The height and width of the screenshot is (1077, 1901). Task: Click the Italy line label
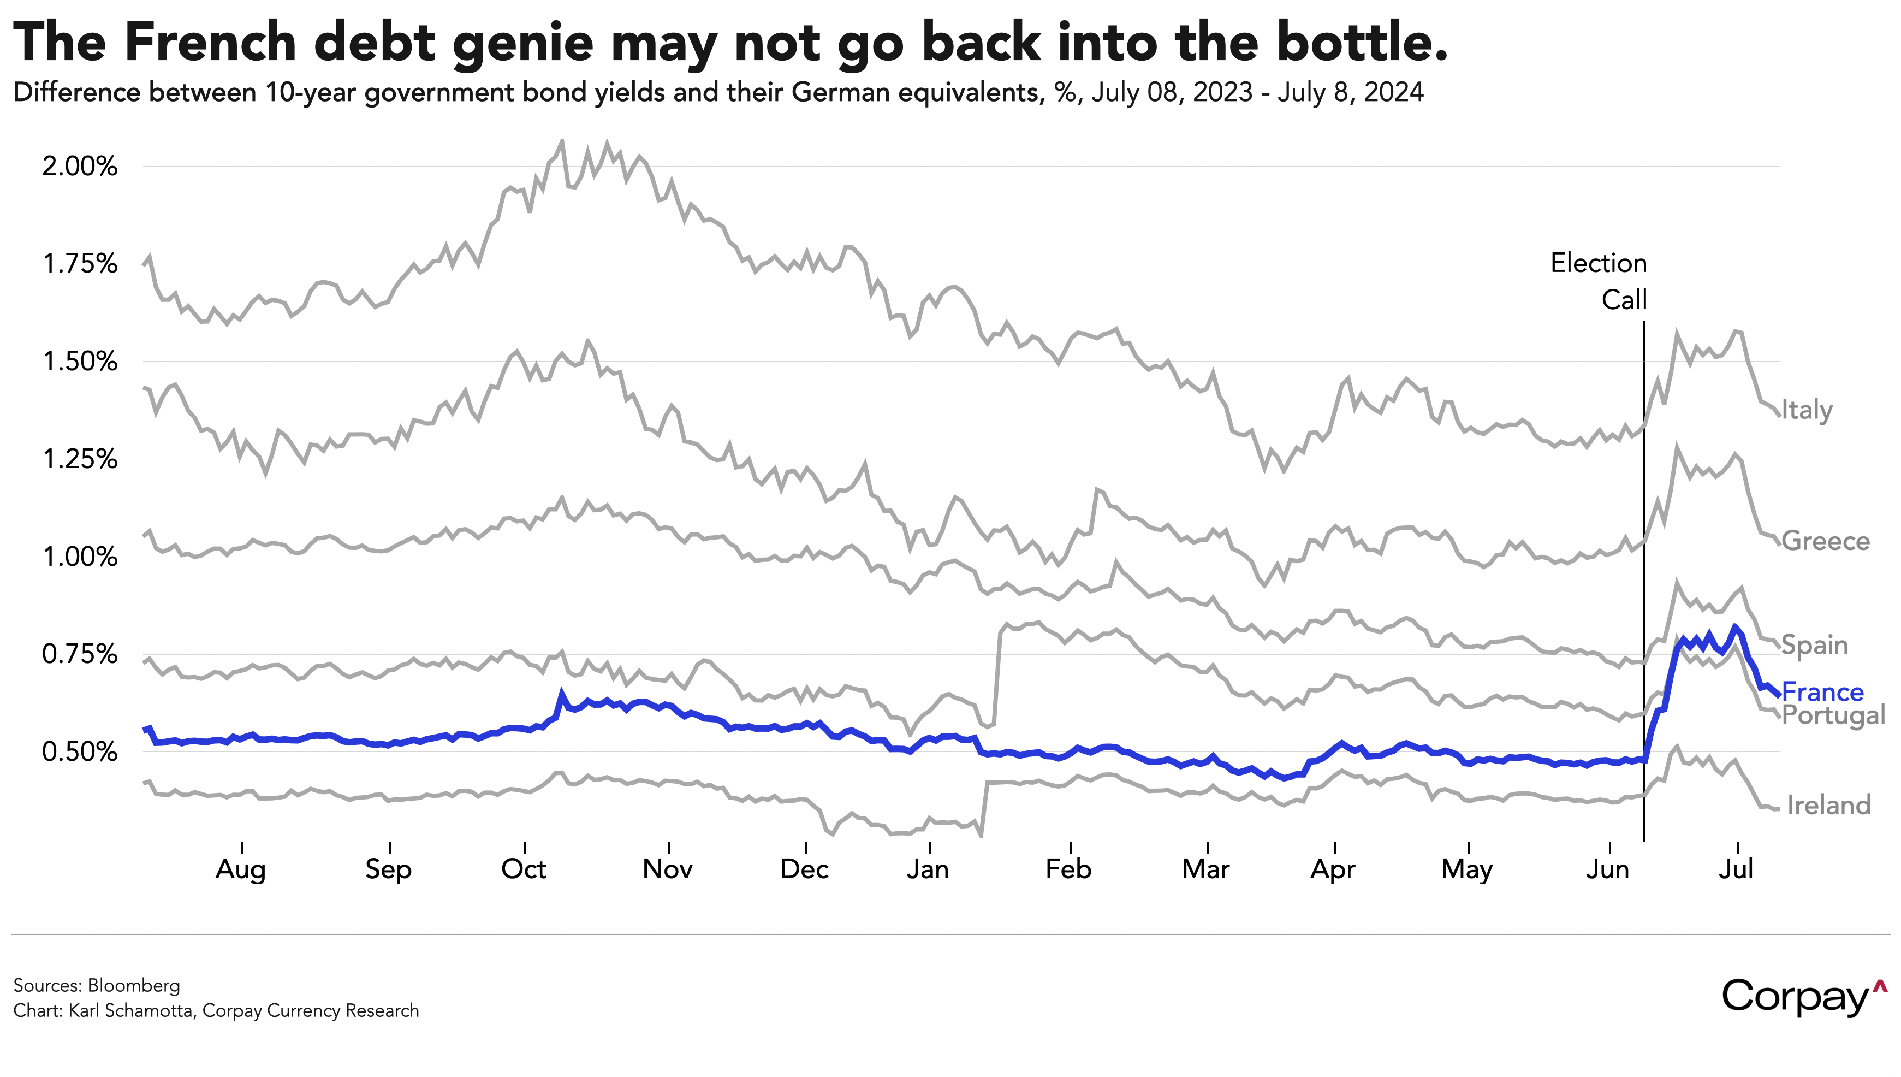click(x=1807, y=410)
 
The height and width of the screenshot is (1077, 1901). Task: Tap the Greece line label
click(x=1825, y=541)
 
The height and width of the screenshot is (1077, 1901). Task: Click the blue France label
click(x=1822, y=693)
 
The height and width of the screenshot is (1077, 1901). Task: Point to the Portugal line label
click(x=1833, y=715)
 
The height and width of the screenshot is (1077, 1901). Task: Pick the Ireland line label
click(x=1828, y=805)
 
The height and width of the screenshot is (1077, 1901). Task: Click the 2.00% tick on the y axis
click(x=80, y=167)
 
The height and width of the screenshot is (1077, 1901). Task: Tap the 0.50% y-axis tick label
click(x=80, y=752)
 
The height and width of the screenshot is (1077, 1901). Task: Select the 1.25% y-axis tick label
click(x=80, y=459)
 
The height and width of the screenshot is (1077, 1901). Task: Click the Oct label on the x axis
click(x=524, y=869)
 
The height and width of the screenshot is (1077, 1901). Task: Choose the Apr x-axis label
click(x=1333, y=869)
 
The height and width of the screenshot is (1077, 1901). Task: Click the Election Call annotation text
click(x=1599, y=281)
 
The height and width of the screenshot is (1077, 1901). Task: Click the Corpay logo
click(x=1804, y=996)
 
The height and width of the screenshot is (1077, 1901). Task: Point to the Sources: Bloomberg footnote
click(x=97, y=985)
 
